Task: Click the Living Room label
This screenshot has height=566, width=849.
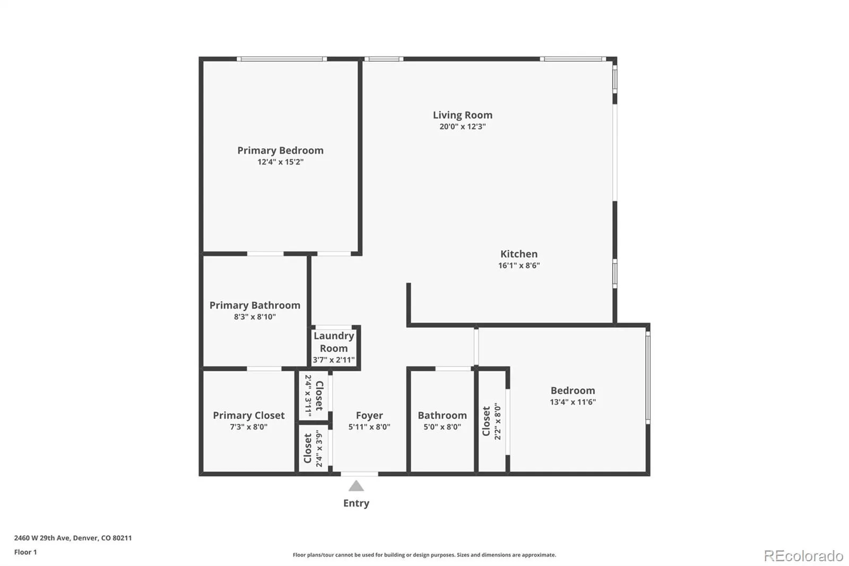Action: (462, 115)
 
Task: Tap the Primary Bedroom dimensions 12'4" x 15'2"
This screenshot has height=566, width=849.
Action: (281, 162)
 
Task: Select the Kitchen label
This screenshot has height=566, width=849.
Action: (519, 254)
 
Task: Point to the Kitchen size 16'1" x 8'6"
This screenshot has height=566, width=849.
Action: (519, 265)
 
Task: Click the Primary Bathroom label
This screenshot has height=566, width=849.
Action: (255, 305)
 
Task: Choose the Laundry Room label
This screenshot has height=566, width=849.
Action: (334, 342)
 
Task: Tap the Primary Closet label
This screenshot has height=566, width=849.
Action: (249, 415)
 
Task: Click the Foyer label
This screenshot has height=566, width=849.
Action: (369, 415)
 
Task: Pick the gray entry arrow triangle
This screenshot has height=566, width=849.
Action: (356, 486)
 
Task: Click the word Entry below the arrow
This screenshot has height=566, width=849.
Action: (356, 503)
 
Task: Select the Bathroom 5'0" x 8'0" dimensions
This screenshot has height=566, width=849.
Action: (442, 427)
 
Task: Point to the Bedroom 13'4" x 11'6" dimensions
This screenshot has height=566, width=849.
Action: (573, 402)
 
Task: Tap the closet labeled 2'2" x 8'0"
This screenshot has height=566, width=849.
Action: (491, 421)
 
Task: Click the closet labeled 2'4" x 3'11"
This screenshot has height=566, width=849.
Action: (314, 396)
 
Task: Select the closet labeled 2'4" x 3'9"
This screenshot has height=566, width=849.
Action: (313, 448)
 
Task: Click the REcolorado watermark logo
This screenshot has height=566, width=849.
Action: (803, 556)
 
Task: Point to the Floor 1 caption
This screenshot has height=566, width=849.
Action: (25, 552)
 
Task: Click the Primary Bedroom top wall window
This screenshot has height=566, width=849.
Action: (282, 59)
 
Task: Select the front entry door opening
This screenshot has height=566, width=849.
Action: (359, 474)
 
